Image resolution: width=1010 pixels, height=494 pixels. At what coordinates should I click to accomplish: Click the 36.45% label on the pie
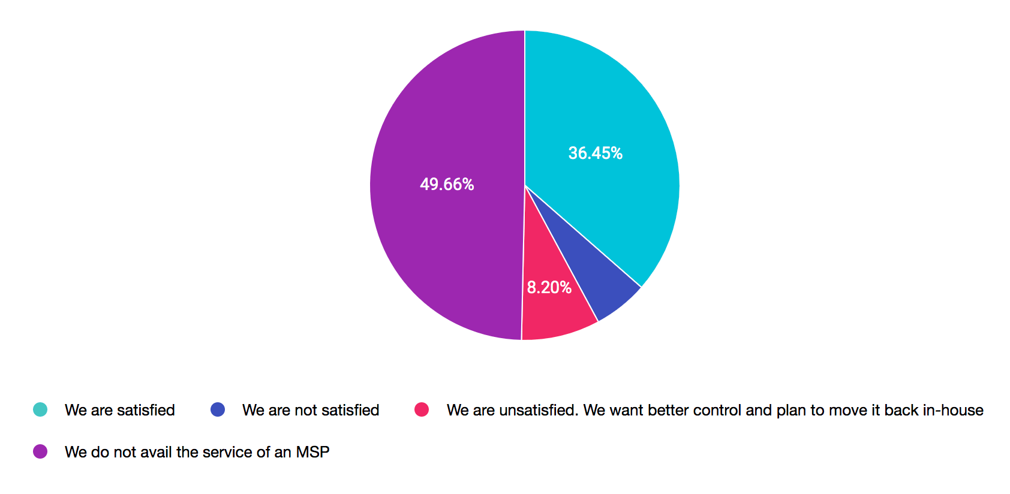595,153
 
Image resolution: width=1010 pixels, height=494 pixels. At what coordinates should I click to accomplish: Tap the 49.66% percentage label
447,185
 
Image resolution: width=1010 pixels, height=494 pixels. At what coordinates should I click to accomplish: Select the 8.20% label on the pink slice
549,288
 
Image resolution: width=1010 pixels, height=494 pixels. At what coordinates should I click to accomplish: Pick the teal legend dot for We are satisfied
40,409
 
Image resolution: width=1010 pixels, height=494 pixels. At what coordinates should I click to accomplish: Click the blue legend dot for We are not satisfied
218,409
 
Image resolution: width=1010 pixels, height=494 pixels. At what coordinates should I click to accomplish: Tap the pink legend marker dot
422,409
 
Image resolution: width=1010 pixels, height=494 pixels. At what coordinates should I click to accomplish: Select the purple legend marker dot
40,451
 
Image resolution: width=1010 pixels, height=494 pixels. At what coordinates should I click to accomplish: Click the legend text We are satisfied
120,410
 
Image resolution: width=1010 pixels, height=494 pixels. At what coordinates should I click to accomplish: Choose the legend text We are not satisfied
311,410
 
